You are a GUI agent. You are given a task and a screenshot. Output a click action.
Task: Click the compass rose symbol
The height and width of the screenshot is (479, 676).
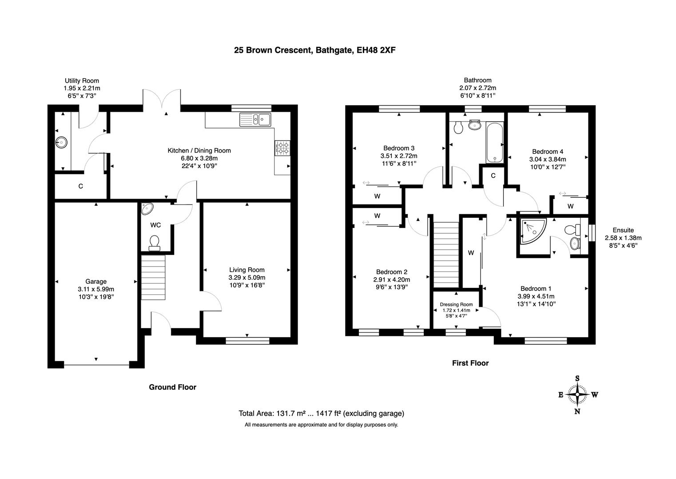pyautogui.click(x=577, y=394)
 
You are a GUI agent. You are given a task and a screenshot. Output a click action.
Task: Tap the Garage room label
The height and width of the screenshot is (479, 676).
pyautogui.click(x=96, y=281)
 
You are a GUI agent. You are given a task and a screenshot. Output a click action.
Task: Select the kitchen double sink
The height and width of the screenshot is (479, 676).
pyautogui.click(x=255, y=119)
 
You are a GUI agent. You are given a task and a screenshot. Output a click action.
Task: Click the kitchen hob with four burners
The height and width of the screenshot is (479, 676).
pyautogui.click(x=282, y=148)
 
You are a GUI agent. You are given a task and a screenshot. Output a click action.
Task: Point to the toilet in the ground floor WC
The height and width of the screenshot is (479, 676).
pyautogui.click(x=155, y=242)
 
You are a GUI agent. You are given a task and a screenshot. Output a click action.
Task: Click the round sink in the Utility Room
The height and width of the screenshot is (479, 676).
pyautogui.click(x=61, y=142)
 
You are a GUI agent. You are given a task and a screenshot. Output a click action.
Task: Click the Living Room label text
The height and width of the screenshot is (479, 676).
pyautogui.click(x=247, y=270)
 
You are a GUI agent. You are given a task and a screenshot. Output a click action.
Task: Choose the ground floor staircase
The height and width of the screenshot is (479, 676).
pyautogui.click(x=153, y=278)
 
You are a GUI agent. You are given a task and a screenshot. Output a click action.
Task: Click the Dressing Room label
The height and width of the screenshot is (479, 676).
pyautogui.click(x=456, y=304)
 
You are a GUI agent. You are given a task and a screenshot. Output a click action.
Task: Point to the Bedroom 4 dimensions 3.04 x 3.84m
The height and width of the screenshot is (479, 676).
pyautogui.click(x=547, y=159)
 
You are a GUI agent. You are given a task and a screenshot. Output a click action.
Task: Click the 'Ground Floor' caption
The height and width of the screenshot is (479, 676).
pyautogui.click(x=172, y=387)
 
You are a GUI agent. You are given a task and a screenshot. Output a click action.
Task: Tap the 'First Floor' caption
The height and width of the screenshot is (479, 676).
pyautogui.click(x=470, y=363)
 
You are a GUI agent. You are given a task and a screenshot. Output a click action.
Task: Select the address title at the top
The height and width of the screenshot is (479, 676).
pyautogui.click(x=314, y=50)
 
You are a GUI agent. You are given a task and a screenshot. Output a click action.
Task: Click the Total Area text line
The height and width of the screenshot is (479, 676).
pyautogui.click(x=321, y=413)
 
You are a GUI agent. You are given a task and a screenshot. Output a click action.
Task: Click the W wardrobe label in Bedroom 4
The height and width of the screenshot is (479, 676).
pyautogui.click(x=570, y=206)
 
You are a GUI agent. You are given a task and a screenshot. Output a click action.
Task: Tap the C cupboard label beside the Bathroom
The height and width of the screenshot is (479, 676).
pyautogui.click(x=493, y=176)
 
